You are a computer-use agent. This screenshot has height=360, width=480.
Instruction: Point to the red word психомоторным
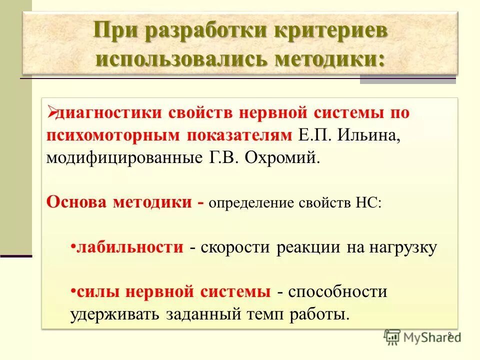[116, 135]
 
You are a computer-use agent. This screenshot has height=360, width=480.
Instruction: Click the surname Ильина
[370, 135]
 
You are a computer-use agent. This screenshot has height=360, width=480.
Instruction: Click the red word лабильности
[130, 247]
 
